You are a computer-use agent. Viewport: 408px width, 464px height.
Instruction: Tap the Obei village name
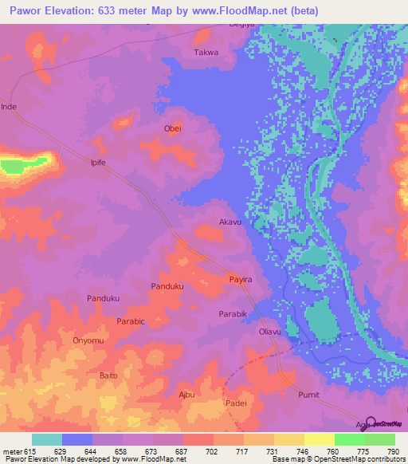173,129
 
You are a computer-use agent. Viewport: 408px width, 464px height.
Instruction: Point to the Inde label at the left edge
9,106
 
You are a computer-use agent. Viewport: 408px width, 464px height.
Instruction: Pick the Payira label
241,280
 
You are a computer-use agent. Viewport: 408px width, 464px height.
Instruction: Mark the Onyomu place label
88,340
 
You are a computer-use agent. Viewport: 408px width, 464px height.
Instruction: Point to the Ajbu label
186,394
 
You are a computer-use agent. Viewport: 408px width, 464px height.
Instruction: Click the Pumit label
308,394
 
